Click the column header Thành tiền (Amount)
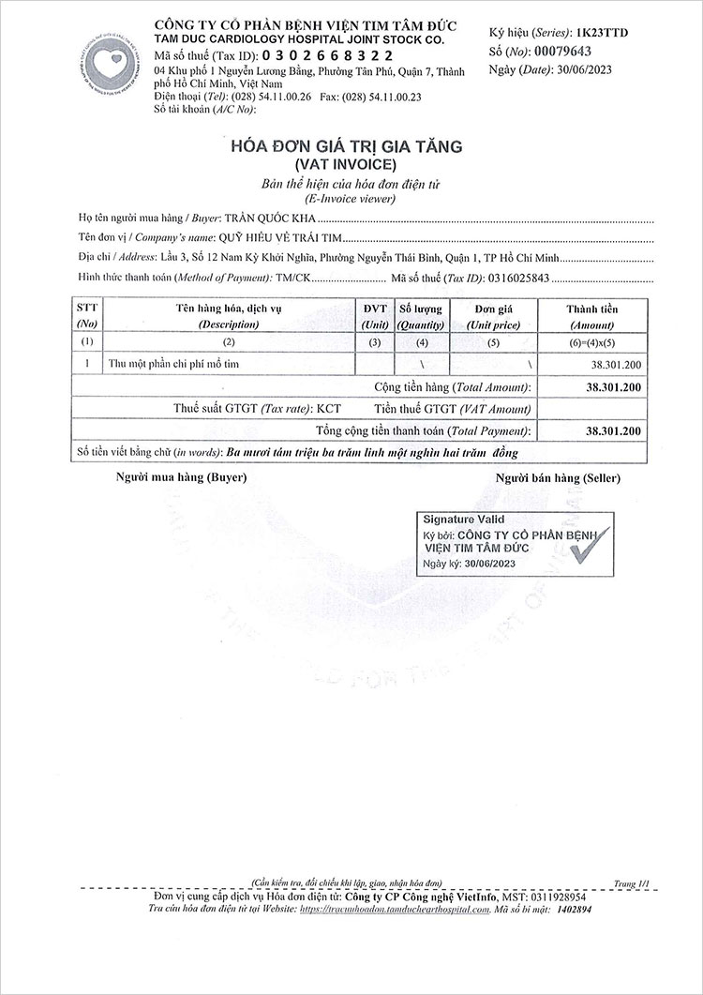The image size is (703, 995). coord(591,315)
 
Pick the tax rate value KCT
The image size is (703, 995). coord(328,409)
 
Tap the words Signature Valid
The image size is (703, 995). coord(463,519)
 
